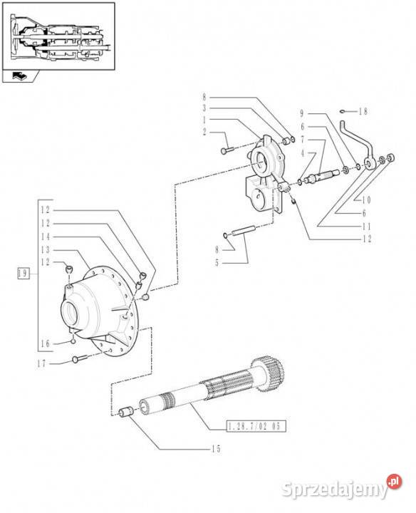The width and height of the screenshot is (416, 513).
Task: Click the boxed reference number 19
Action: tap(23, 273)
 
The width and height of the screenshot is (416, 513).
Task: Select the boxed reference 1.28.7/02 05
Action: tap(256, 426)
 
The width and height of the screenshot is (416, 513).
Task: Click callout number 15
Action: tap(216, 449)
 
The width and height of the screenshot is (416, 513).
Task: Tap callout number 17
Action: tap(41, 363)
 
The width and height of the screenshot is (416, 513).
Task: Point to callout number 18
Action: tap(363, 112)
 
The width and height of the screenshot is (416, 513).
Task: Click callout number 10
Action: tap(366, 199)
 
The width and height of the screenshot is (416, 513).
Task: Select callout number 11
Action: tap(367, 226)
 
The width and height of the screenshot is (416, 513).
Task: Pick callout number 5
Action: tap(217, 263)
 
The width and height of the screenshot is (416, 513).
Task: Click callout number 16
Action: tap(46, 343)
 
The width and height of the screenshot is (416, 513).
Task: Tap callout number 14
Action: tap(46, 237)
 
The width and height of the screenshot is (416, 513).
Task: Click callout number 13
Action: tap(46, 249)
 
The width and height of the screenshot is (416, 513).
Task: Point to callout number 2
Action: tap(204, 133)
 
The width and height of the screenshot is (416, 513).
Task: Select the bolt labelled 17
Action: tap(80, 359)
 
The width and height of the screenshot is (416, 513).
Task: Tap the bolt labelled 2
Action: tap(227, 150)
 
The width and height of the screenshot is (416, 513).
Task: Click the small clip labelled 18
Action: tap(343, 112)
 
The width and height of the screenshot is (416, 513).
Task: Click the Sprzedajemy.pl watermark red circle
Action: tap(394, 482)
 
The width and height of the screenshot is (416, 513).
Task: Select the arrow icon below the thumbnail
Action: tap(19, 76)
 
